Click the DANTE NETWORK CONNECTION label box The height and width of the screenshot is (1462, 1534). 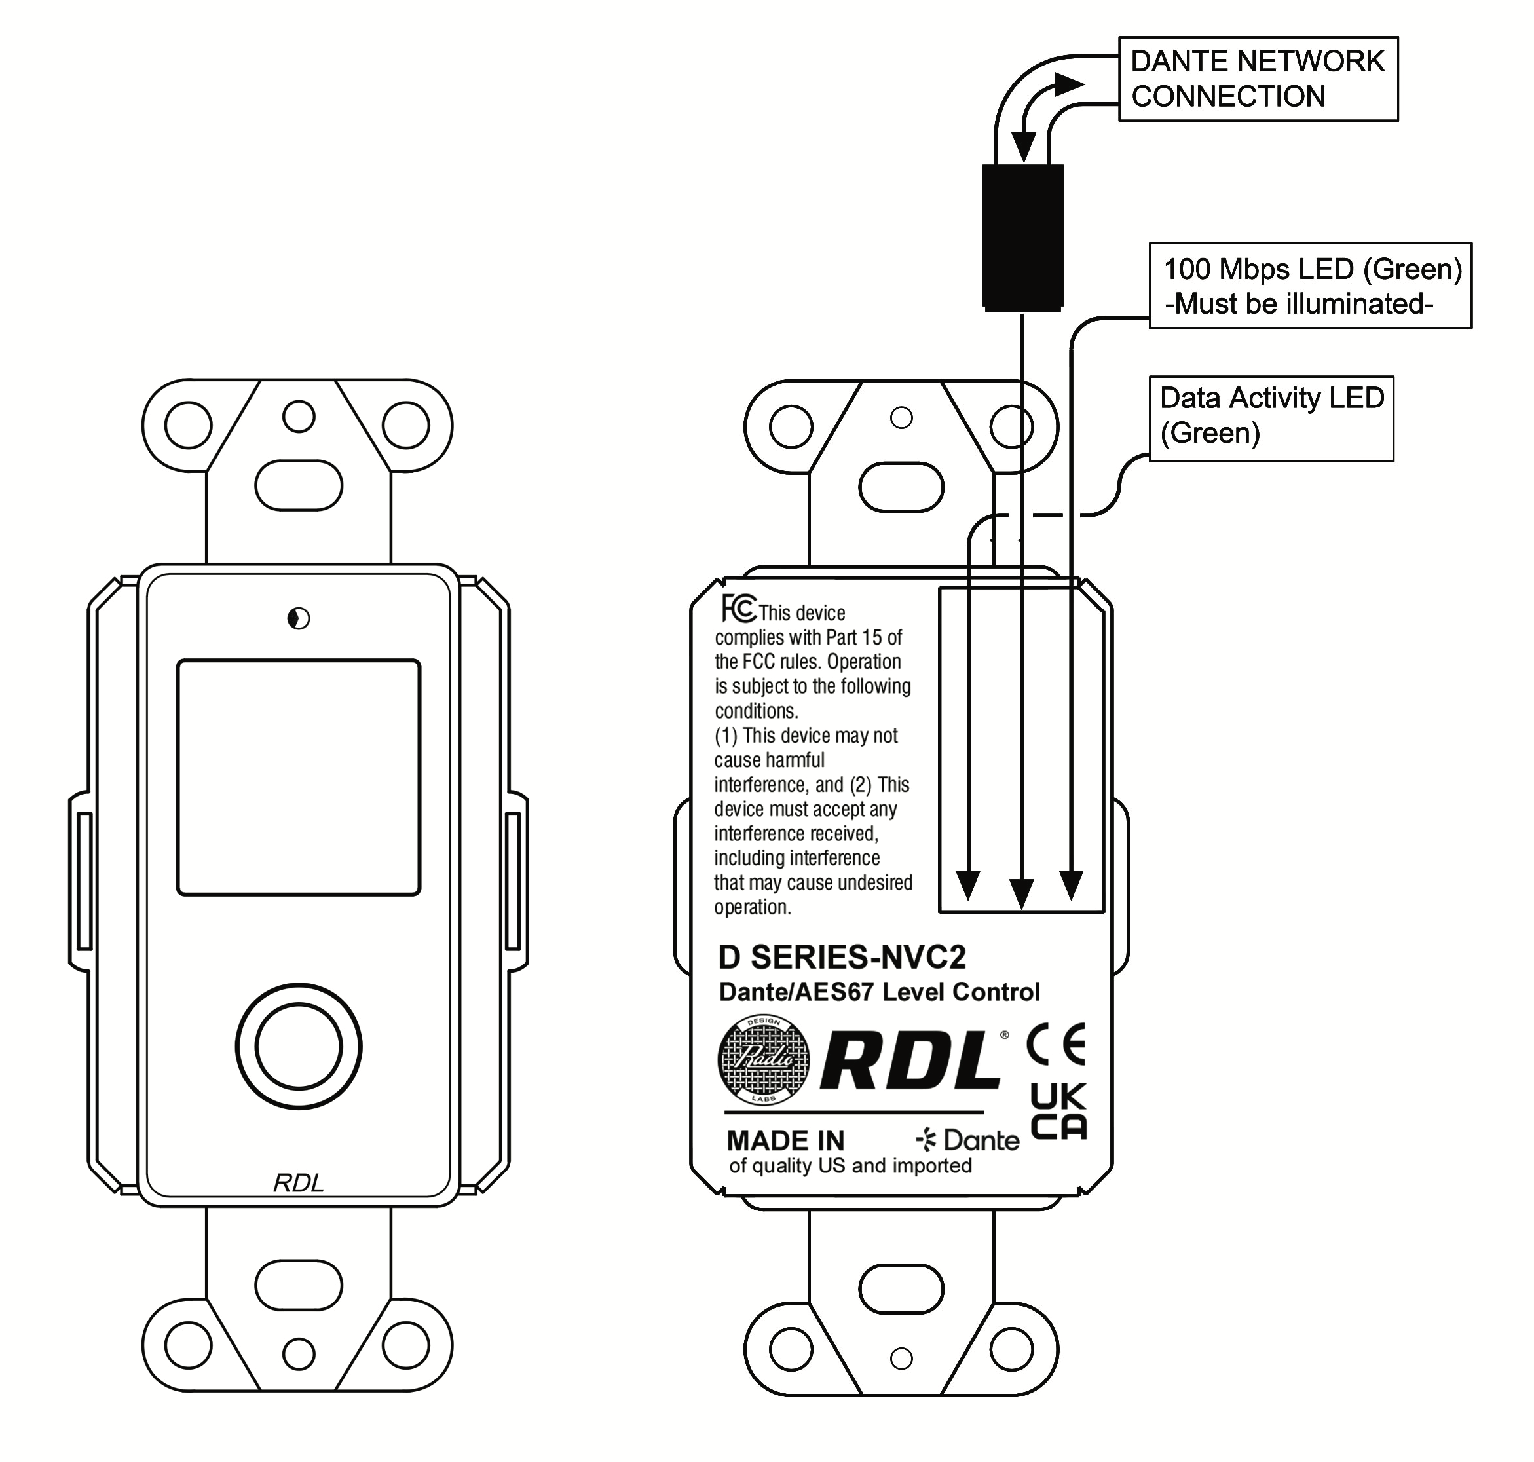1258,79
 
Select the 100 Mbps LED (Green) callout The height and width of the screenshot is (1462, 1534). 1309,285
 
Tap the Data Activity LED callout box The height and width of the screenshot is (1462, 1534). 1271,419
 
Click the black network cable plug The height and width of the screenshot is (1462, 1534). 1022,238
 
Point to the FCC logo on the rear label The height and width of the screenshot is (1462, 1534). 738,609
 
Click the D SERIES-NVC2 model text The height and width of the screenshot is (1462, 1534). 842,956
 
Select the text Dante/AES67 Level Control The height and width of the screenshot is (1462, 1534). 878,992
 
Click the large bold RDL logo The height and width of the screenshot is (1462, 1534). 910,1061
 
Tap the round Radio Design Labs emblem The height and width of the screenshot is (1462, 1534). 763,1060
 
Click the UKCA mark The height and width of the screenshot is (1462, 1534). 1058,1112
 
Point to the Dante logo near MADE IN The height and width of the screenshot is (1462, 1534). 967,1140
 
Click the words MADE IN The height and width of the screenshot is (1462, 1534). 785,1141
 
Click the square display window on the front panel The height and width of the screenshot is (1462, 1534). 299,777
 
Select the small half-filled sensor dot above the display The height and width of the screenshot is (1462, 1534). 299,619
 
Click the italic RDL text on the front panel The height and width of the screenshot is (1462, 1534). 298,1183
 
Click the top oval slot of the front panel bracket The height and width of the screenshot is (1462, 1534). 299,485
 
